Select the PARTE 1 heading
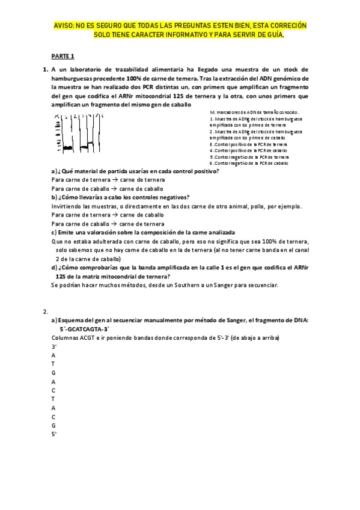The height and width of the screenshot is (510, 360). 63,56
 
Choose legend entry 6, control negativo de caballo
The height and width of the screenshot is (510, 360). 249,163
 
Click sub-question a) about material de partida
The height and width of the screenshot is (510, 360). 135,171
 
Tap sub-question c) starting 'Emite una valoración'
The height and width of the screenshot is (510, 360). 143,232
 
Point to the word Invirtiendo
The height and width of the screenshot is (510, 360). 68,206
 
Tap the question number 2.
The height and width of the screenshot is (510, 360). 45,312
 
